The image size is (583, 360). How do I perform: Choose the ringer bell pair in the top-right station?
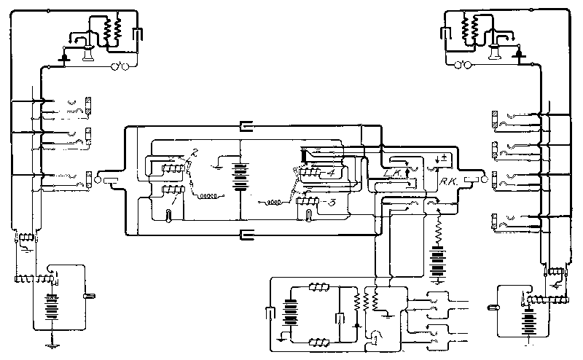(x=462, y=66)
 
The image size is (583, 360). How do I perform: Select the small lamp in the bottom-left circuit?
(x=91, y=295)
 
